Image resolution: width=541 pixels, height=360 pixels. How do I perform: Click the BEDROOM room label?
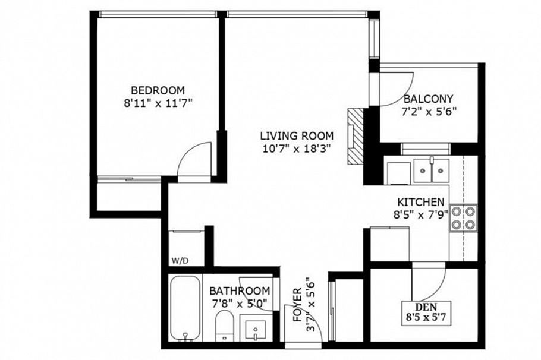[158, 90]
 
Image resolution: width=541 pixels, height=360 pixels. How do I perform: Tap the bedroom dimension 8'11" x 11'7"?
[158, 102]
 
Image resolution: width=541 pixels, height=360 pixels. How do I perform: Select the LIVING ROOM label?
[296, 135]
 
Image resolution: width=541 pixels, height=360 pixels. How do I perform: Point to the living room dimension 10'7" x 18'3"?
[296, 148]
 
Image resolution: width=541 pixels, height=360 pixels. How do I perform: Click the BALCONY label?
[428, 99]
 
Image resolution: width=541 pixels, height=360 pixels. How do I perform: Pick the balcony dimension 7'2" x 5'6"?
[428, 110]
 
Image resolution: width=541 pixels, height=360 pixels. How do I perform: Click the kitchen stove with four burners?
[463, 217]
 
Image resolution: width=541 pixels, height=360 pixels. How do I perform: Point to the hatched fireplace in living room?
[354, 135]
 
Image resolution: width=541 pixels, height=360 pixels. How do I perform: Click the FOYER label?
[297, 304]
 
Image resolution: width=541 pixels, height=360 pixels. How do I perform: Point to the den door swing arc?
[430, 279]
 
